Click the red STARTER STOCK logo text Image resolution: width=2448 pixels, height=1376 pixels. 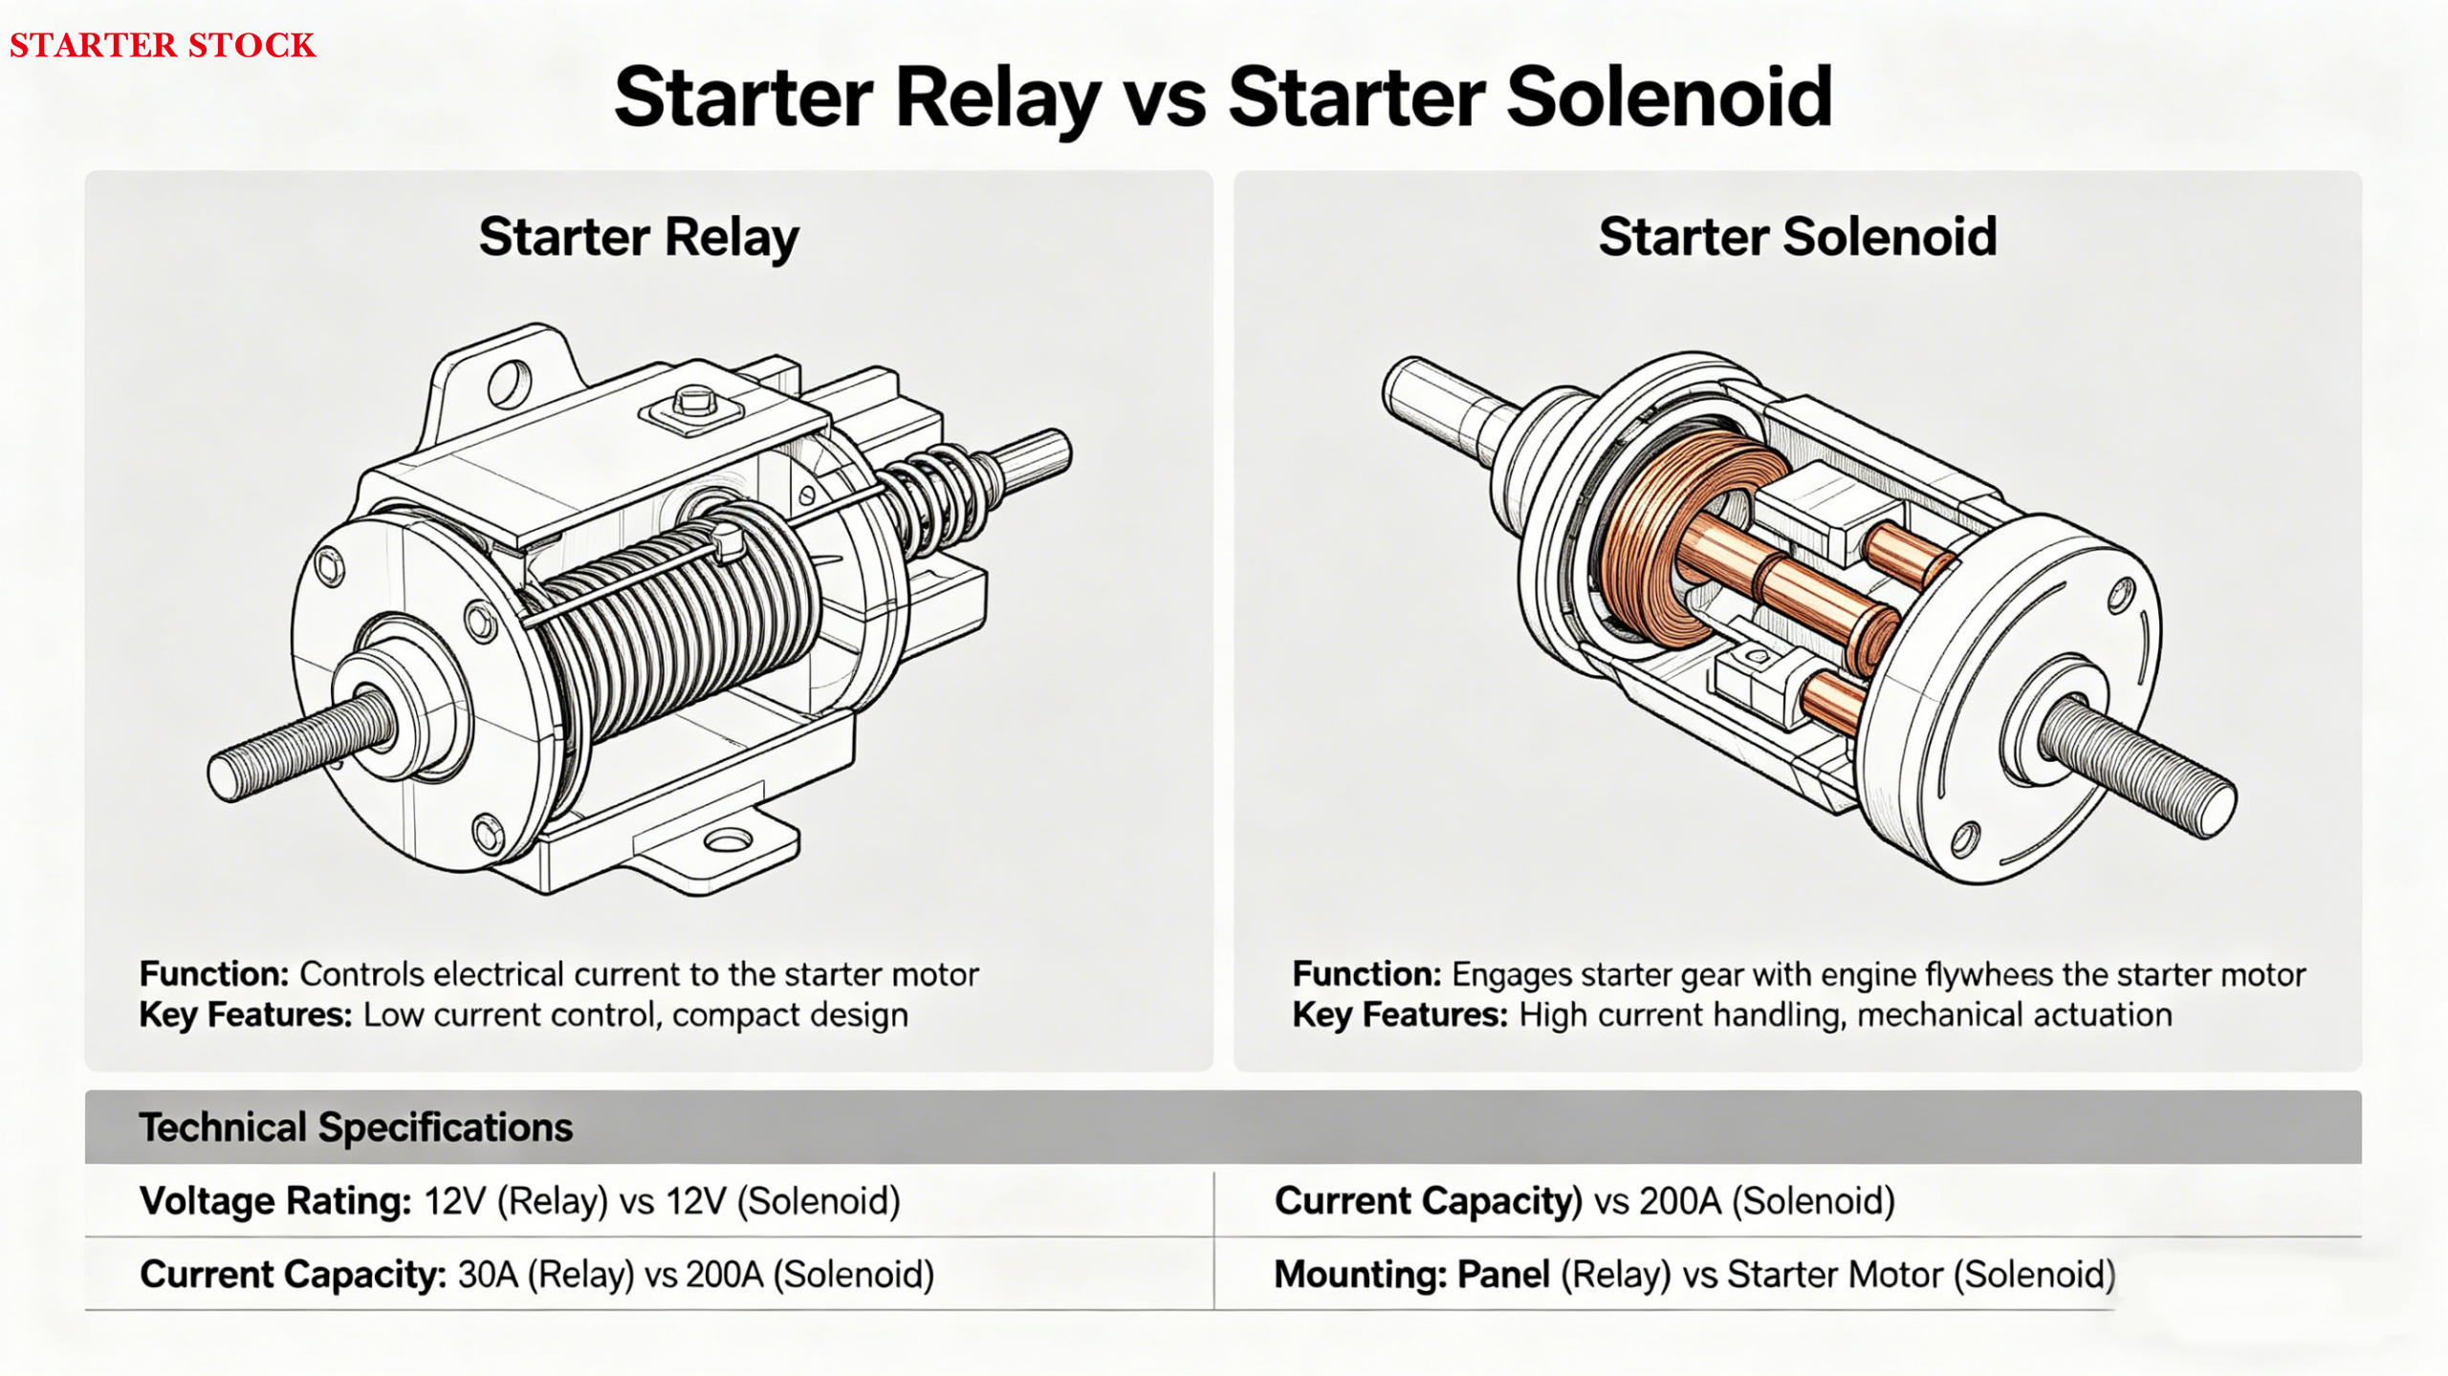click(x=163, y=45)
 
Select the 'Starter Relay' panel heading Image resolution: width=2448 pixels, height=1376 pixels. click(x=638, y=237)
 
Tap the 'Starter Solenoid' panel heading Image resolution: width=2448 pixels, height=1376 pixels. click(x=1798, y=237)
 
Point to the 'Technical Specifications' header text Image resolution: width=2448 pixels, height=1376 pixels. click(x=356, y=1127)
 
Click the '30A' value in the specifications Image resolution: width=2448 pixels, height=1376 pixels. click(x=487, y=1275)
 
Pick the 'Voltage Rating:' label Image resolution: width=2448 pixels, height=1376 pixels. click(x=275, y=1201)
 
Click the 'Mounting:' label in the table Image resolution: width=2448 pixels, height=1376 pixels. click(x=1359, y=1275)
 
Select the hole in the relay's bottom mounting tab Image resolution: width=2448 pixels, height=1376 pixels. click(x=729, y=841)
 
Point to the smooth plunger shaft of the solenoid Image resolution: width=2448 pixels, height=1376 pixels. click(x=1434, y=402)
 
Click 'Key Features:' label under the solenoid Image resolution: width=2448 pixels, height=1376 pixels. click(x=1400, y=1015)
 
